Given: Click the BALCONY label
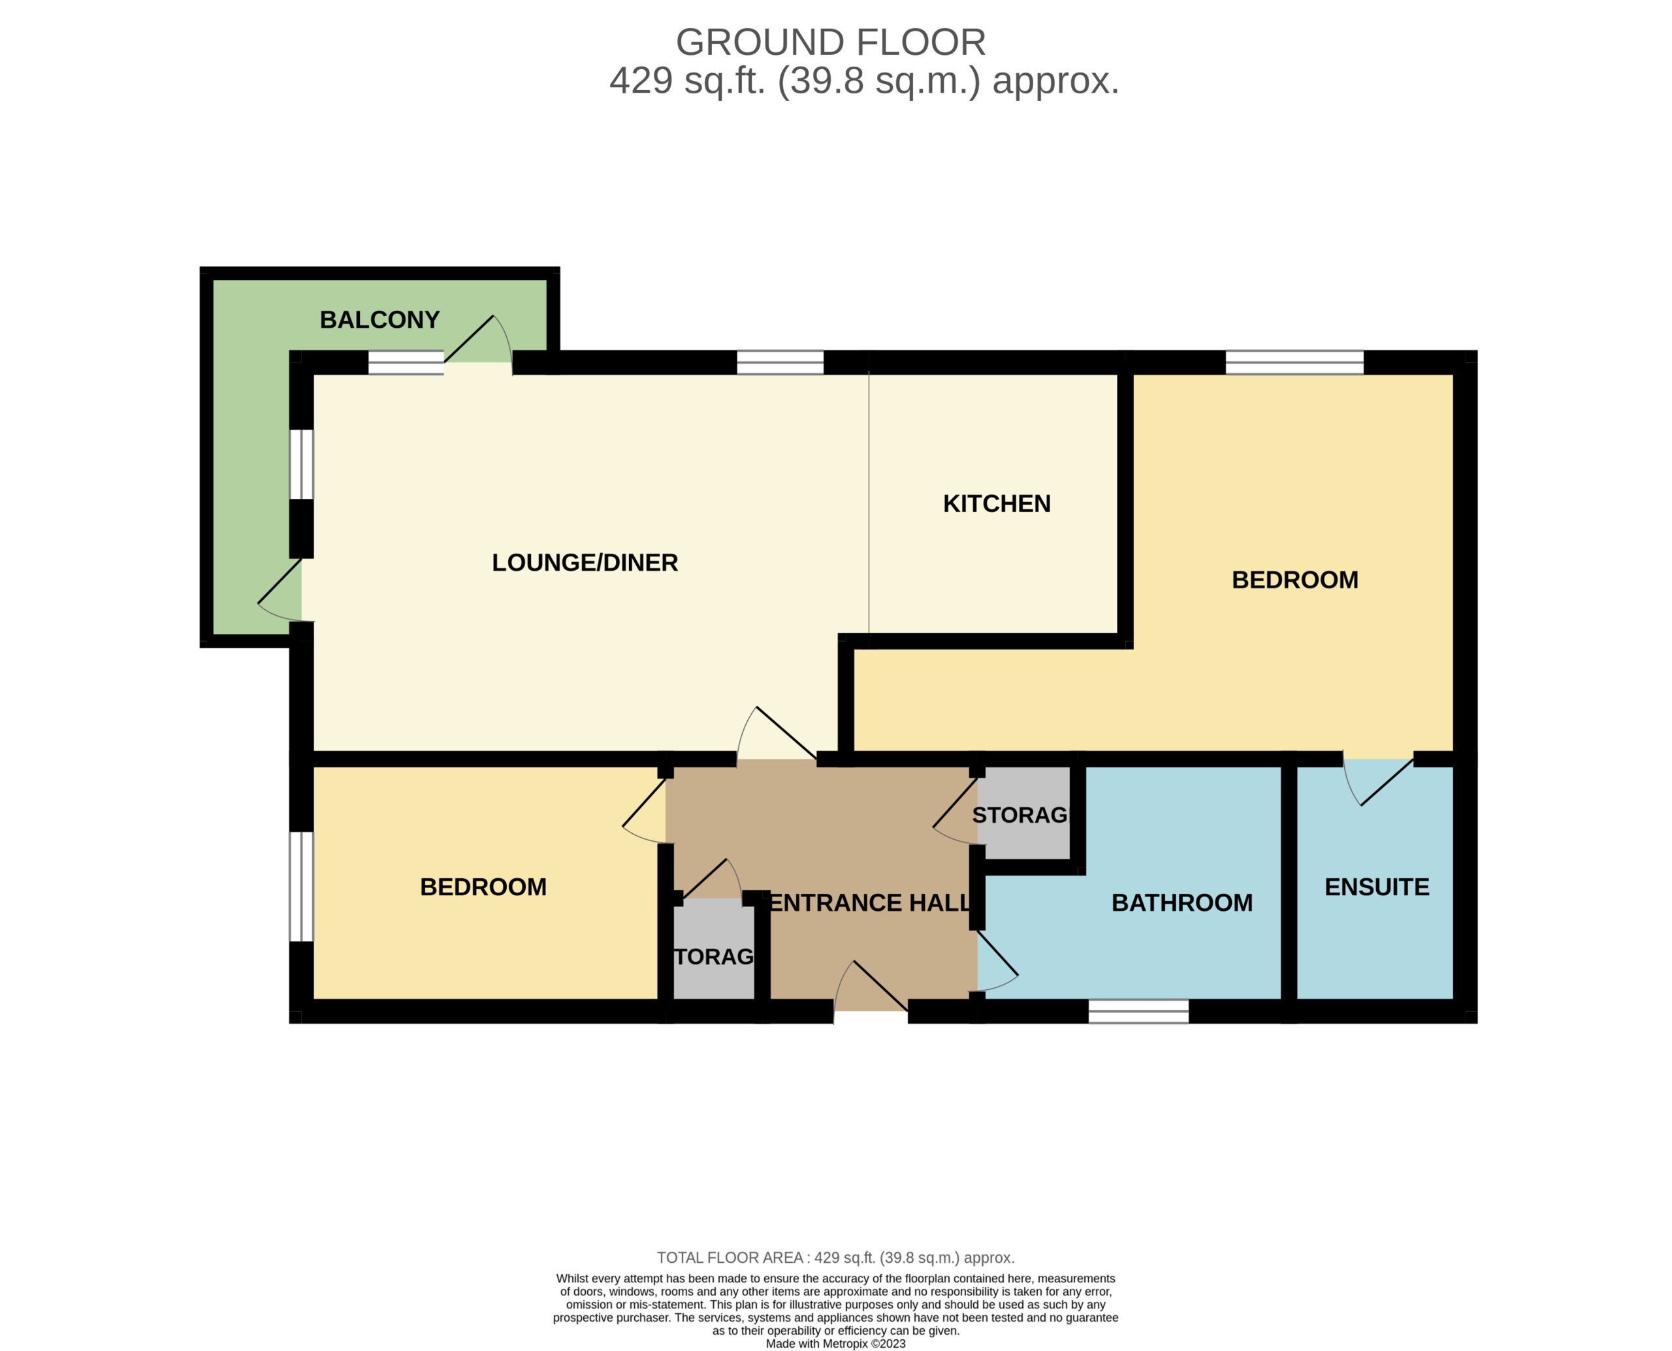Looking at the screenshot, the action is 380,320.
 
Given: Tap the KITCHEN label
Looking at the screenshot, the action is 997,503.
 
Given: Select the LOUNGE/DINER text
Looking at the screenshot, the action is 585,563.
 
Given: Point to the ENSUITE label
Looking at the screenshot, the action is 1376,887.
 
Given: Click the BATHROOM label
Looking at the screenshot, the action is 1182,903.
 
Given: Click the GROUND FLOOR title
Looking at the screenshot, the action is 831,42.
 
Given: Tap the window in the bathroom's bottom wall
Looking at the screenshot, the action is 1138,1011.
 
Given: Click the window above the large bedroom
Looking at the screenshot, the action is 1294,362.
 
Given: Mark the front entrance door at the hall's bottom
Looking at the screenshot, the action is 870,986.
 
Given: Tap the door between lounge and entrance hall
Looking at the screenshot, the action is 777,733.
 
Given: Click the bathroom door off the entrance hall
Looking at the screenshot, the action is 997,962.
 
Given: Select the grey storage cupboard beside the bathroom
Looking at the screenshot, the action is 1023,813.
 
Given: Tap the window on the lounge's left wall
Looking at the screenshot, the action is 301,464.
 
